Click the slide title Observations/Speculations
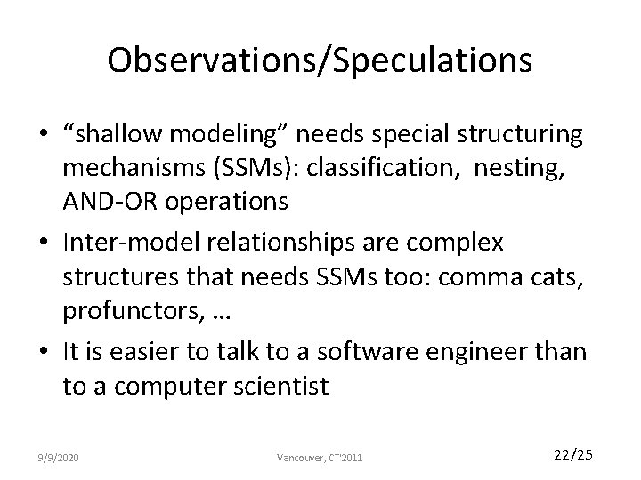click(x=320, y=60)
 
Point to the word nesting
click(x=526, y=168)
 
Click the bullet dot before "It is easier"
click(x=45, y=351)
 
